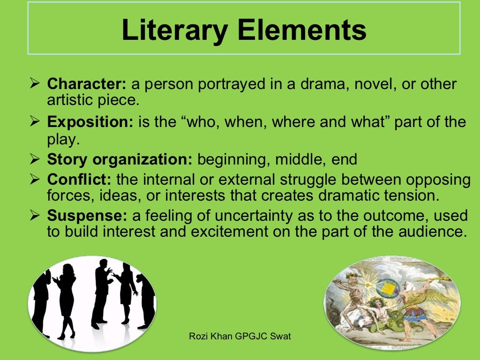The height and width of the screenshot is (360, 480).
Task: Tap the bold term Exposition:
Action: click(x=90, y=122)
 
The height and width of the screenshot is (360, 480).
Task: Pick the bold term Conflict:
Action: click(x=79, y=179)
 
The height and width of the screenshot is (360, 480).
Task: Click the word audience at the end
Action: click(x=434, y=232)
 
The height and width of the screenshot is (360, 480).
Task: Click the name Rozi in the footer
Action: click(x=197, y=336)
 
